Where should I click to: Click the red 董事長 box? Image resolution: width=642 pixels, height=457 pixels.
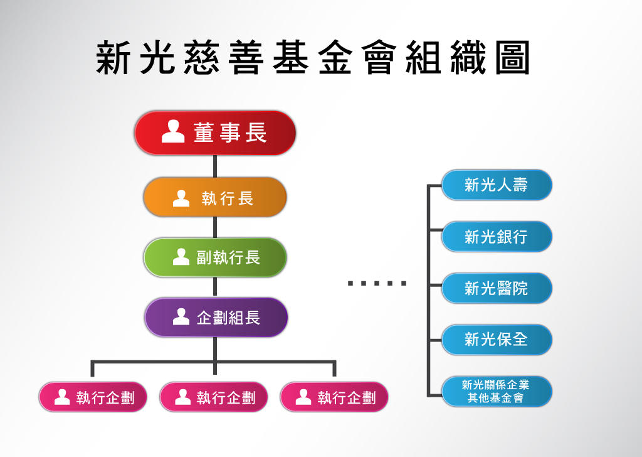pyautogui.click(x=215, y=133)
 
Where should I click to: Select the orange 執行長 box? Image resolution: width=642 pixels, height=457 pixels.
pyautogui.click(x=215, y=197)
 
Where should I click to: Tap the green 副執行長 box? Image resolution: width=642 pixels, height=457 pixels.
pyautogui.click(x=215, y=257)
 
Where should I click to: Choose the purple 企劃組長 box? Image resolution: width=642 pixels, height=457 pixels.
pyautogui.click(x=216, y=318)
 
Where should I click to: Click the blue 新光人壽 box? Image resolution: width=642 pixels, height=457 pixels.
pyautogui.click(x=497, y=185)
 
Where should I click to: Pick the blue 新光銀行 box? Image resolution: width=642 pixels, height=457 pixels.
pyautogui.click(x=497, y=237)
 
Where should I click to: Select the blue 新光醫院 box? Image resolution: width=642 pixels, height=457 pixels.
pyautogui.click(x=497, y=288)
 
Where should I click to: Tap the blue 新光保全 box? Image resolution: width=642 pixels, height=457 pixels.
pyautogui.click(x=497, y=340)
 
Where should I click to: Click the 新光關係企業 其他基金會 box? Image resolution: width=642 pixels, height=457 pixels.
pyautogui.click(x=497, y=391)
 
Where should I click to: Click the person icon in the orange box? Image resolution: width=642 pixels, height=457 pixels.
pyautogui.click(x=181, y=198)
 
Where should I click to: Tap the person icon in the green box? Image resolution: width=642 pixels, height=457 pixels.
pyautogui.click(x=181, y=256)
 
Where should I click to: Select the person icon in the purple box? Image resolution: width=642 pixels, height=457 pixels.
pyautogui.click(x=181, y=316)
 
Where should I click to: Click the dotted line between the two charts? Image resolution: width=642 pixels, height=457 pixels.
pyautogui.click(x=377, y=283)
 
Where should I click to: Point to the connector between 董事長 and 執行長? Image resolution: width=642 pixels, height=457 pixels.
pyautogui.click(x=215, y=166)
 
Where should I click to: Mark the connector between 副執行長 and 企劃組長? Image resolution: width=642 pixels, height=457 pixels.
pyautogui.click(x=215, y=287)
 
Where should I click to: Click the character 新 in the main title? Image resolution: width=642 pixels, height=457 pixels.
pyautogui.click(x=113, y=59)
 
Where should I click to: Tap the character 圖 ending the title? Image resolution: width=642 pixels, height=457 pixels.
pyautogui.click(x=512, y=59)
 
